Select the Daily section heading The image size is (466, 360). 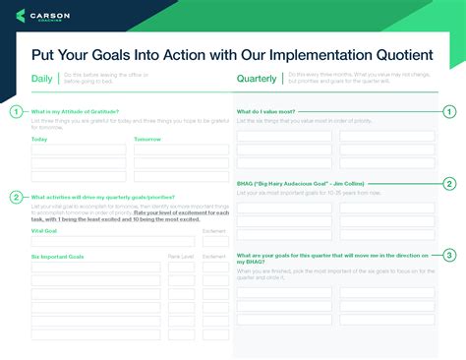click(42, 79)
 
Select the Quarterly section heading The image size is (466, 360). click(257, 79)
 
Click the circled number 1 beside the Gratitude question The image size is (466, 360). click(16, 112)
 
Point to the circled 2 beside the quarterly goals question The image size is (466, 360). click(16, 197)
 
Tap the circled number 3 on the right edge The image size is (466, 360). click(449, 255)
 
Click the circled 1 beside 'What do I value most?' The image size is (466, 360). click(449, 112)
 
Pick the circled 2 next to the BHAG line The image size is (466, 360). click(449, 183)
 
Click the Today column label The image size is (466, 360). click(39, 139)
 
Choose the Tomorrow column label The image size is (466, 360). click(147, 139)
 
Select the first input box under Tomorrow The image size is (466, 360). click(181, 150)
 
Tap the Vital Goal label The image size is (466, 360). click(44, 230)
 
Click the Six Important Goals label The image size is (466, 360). click(57, 256)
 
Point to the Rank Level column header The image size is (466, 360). click(181, 256)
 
